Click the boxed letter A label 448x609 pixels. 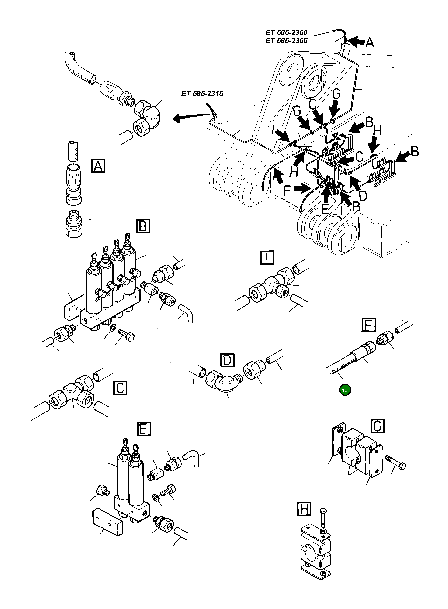click(x=98, y=166)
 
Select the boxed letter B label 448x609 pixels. click(x=143, y=226)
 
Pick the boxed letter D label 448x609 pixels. click(x=227, y=360)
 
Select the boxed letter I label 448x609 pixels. click(x=267, y=257)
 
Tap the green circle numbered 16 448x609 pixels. click(x=345, y=390)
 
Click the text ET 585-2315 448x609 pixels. click(x=202, y=94)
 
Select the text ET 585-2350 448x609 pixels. click(x=286, y=32)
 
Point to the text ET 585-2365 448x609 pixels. click(x=286, y=41)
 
